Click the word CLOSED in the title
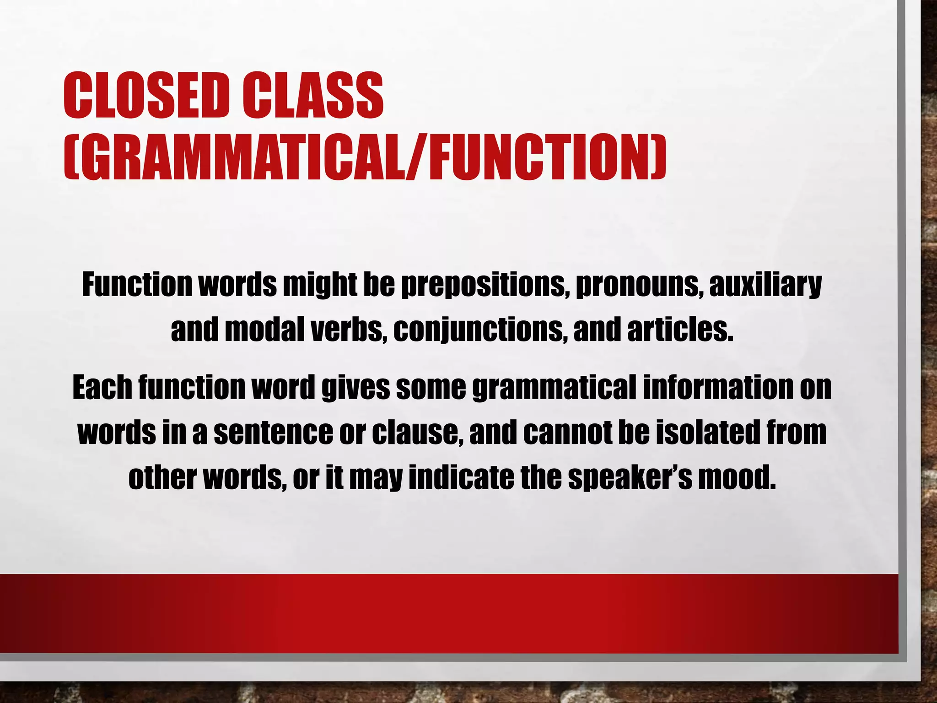(x=146, y=96)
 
